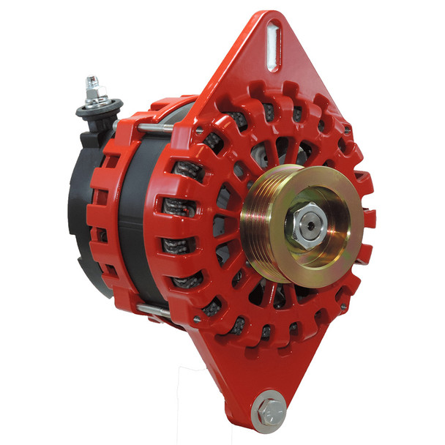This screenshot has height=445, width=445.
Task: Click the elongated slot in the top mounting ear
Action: pos(272,46)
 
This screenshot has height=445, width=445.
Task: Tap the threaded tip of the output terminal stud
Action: pos(91,80)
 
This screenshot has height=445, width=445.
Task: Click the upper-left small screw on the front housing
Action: pos(199,131)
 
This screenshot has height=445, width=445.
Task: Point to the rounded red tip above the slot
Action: pos(272,16)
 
